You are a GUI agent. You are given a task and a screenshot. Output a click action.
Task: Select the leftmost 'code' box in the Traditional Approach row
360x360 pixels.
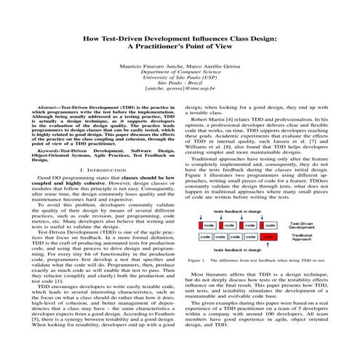[x=206, y=237]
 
